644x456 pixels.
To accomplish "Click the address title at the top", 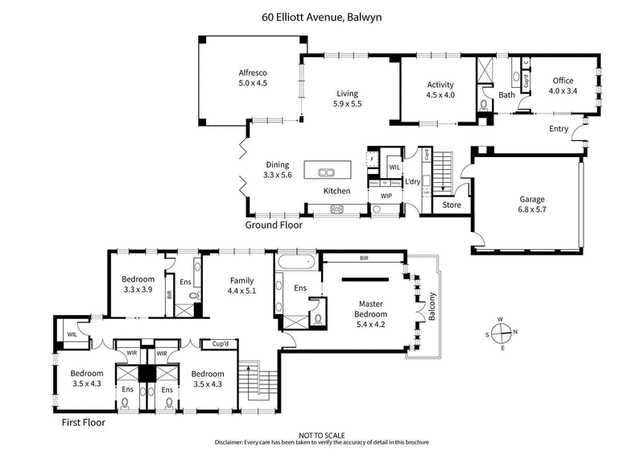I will (x=322, y=15).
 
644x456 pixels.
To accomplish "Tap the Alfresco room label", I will (x=252, y=77).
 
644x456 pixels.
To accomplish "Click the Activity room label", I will (x=440, y=89).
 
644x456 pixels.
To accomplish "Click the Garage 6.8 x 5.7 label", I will (x=531, y=204).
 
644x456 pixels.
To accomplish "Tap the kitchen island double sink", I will (x=328, y=171).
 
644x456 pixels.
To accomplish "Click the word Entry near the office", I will (x=559, y=129).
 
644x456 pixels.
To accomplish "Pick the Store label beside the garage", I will (x=452, y=205).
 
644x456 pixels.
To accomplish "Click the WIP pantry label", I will (x=386, y=196).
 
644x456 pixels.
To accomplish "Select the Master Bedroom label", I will (x=371, y=309).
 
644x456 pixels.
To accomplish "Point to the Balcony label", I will (x=432, y=306).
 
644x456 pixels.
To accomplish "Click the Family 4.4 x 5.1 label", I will (x=242, y=285).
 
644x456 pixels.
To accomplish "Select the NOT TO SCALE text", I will (x=322, y=434).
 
